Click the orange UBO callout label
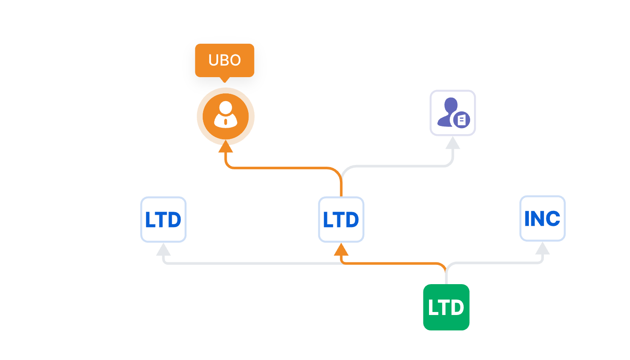225,60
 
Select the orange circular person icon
225,116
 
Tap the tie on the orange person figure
226,122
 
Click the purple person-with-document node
453,113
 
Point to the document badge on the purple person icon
462,120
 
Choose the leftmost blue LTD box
163,219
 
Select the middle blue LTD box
341,219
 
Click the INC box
542,219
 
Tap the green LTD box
446,307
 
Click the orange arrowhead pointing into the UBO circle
225,147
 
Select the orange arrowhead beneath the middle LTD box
341,250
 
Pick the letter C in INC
553,219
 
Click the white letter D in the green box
457,308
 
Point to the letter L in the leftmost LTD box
150,220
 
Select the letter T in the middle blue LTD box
340,220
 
